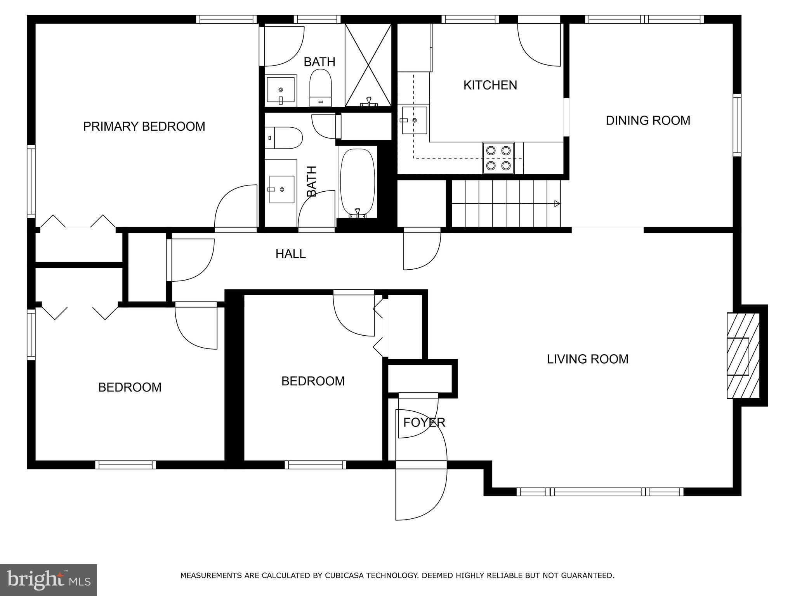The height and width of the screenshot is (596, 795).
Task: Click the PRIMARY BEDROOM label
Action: tap(144, 126)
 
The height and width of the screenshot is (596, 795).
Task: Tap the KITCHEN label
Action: tap(490, 85)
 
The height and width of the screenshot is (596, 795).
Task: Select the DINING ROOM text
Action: tap(647, 121)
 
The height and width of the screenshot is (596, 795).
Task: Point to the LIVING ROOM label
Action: tap(587, 359)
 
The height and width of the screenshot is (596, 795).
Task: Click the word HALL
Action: tap(290, 254)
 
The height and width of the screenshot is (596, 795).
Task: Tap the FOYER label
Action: tap(424, 423)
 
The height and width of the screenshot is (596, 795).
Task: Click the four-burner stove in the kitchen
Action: tap(498, 158)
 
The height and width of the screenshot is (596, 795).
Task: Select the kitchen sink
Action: tap(414, 120)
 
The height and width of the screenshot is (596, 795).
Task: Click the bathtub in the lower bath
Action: tap(358, 182)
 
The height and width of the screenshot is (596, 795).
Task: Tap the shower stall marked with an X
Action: tap(368, 64)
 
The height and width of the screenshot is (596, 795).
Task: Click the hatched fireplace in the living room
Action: tap(743, 355)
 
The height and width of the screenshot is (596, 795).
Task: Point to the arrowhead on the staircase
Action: tap(557, 203)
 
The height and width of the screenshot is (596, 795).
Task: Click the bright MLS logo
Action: tap(48, 580)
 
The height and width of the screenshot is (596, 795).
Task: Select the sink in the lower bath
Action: tap(281, 189)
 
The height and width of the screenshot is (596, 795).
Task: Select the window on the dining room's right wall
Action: tap(737, 125)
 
